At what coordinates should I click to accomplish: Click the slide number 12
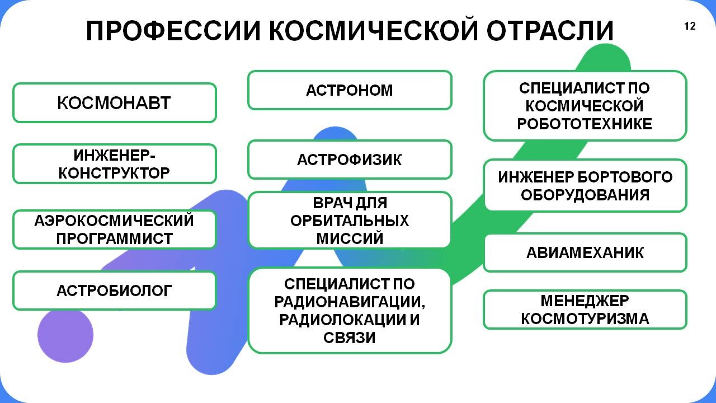690,26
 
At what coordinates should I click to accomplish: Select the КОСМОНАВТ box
115,102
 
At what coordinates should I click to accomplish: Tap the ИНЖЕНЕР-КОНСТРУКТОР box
115,164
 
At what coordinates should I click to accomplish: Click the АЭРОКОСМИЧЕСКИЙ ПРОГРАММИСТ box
115,229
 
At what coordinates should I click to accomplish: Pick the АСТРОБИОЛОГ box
115,290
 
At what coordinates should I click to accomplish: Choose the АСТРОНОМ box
350,90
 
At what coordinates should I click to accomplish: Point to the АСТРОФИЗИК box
350,160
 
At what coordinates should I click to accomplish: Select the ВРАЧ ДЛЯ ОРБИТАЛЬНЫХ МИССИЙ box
350,220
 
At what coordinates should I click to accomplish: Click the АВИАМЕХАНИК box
585,252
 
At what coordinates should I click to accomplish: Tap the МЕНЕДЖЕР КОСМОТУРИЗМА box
585,310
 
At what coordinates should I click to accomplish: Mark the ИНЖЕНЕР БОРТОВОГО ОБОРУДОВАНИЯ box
585,185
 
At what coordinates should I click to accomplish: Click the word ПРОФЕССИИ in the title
173,31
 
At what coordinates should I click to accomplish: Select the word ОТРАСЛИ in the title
550,31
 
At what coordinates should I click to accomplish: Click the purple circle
65,335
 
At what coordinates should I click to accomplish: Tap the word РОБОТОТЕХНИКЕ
585,124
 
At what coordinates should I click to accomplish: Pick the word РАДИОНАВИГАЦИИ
350,302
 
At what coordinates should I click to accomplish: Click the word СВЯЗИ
350,338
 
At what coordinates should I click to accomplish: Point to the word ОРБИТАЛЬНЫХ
350,221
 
